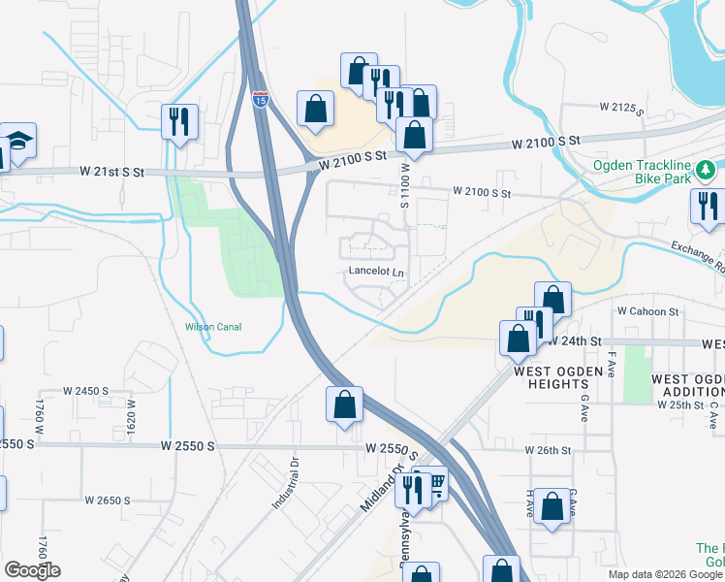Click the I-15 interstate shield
[260, 97]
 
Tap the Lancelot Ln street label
[376, 273]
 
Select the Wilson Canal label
[212, 327]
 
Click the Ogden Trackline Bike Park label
[643, 173]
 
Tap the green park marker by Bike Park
[708, 172]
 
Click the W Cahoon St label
[647, 311]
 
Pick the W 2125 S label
[621, 108]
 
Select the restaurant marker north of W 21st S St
[179, 121]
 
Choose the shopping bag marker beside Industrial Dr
[344, 404]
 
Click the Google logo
[32, 570]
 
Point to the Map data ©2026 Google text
[665, 574]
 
